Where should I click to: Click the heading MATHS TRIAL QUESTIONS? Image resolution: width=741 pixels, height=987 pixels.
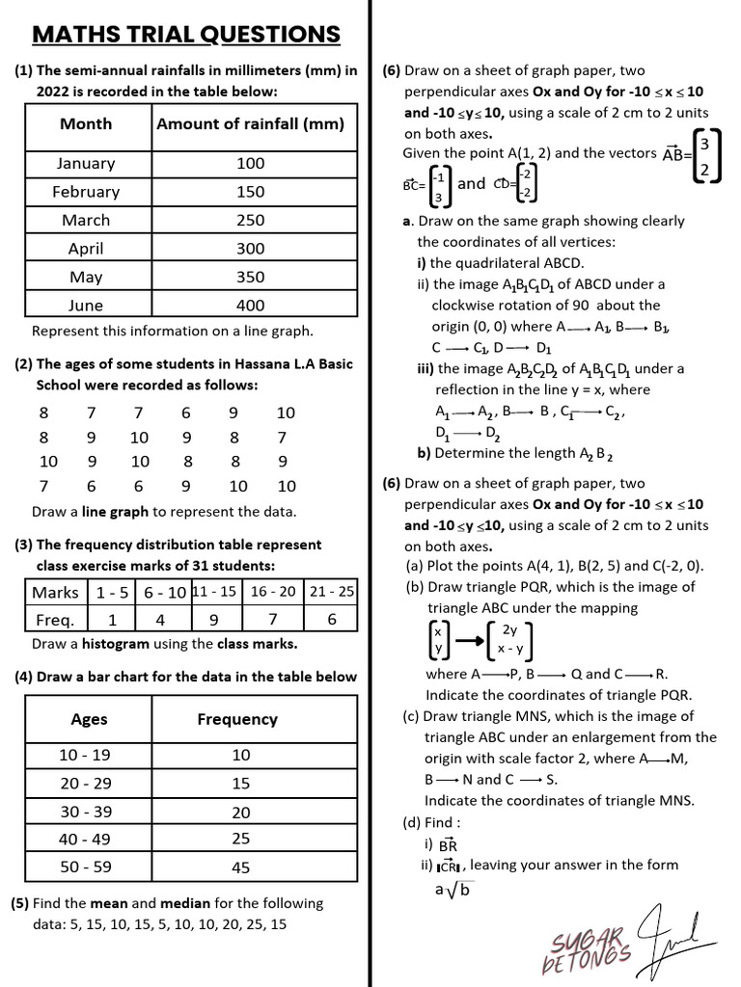pyautogui.click(x=186, y=36)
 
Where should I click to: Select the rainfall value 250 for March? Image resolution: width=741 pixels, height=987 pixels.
pyautogui.click(x=250, y=220)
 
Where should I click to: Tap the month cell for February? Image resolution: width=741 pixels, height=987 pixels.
pyautogui.click(x=86, y=192)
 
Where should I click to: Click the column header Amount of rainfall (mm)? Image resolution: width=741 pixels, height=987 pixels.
pyautogui.click(x=250, y=123)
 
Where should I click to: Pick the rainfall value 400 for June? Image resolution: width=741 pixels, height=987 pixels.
pyautogui.click(x=250, y=306)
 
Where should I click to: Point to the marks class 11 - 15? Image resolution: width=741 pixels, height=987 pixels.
pyautogui.click(x=213, y=591)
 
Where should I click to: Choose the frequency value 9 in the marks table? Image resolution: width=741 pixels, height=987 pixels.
pyautogui.click(x=213, y=620)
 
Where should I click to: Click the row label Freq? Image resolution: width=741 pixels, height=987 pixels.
pyautogui.click(x=55, y=620)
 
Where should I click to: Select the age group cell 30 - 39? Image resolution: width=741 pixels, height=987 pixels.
pyautogui.click(x=86, y=812)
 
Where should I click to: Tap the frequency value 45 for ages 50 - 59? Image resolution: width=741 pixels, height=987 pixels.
pyautogui.click(x=240, y=867)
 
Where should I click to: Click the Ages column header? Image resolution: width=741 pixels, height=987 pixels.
pyautogui.click(x=89, y=719)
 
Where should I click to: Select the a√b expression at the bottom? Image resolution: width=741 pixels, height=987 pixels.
pyautogui.click(x=453, y=889)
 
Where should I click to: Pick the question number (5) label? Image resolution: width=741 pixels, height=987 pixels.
pyautogui.click(x=20, y=903)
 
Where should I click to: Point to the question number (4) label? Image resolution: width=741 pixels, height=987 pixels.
pyautogui.click(x=23, y=677)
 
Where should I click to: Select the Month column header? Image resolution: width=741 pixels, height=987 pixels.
pyautogui.click(x=86, y=123)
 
